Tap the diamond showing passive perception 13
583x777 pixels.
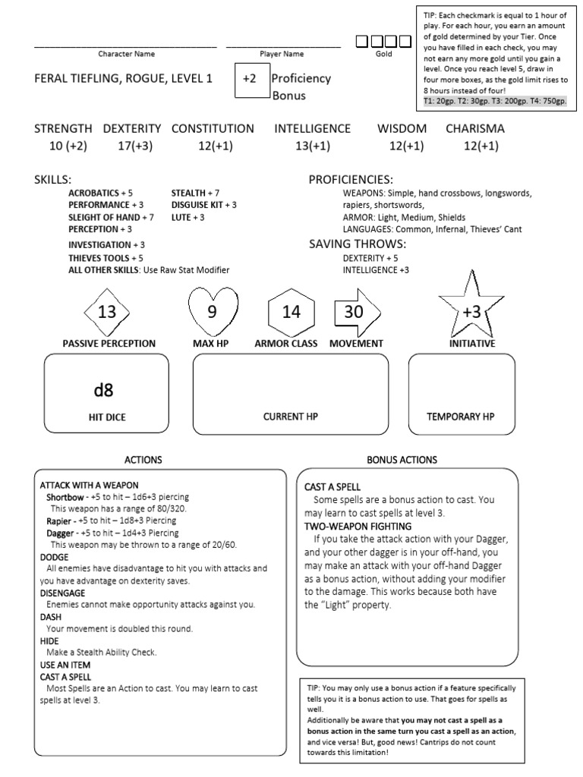pos(107,312)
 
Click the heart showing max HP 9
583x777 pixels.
pos(212,311)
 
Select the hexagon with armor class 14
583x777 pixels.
pos(291,312)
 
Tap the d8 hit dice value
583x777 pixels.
pos(103,391)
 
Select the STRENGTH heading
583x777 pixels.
pos(63,129)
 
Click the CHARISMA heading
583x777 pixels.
pos(474,129)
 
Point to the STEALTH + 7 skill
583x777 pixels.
pos(195,193)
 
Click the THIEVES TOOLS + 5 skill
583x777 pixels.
pos(106,258)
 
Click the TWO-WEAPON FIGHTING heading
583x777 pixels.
pos(358,526)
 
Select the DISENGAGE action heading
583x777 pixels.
pos(62,593)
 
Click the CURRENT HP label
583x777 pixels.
pos(290,417)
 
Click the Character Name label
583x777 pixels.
pos(126,54)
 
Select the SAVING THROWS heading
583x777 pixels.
pos(357,244)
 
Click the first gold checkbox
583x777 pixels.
pos(363,42)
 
